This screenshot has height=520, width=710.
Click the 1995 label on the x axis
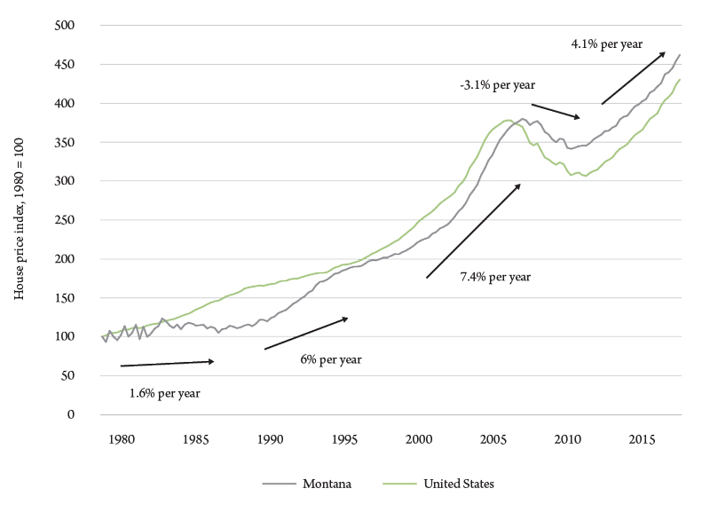[x=344, y=438]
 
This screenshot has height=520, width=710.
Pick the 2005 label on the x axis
[x=493, y=438]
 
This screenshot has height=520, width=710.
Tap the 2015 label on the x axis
[x=643, y=438]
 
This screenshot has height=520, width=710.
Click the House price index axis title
[x=20, y=219]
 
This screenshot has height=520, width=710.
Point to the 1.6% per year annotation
[x=166, y=393]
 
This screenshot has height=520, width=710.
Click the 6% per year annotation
[x=331, y=359]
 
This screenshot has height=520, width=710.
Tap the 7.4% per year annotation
[x=494, y=277]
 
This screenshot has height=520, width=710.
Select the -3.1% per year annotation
[x=497, y=84]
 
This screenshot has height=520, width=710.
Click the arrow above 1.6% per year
[x=167, y=363]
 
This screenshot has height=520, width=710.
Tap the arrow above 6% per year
[x=306, y=333]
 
